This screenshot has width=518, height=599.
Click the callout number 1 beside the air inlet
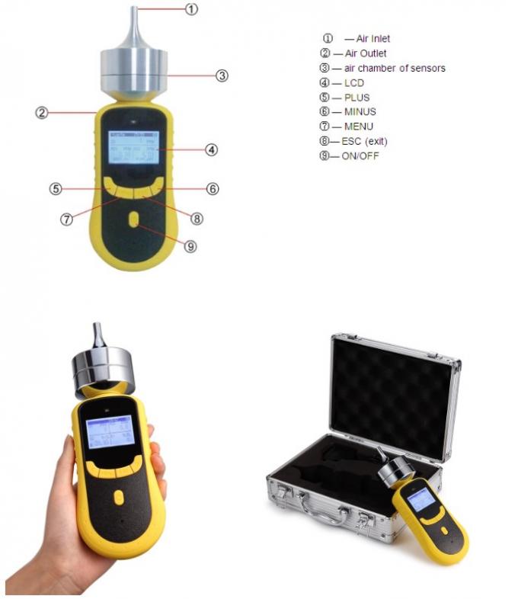(192, 10)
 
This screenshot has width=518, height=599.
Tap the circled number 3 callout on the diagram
(222, 75)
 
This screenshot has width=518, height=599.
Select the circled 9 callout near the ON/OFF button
(190, 245)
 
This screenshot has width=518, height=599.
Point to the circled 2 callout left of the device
(42, 113)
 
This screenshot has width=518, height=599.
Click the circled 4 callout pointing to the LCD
(212, 149)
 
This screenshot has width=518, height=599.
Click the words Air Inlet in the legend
(373, 38)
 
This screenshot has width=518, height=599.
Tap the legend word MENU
(359, 127)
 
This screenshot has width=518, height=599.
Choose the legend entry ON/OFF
(360, 156)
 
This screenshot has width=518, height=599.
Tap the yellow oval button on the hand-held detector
(117, 497)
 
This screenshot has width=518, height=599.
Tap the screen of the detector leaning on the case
(419, 499)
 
